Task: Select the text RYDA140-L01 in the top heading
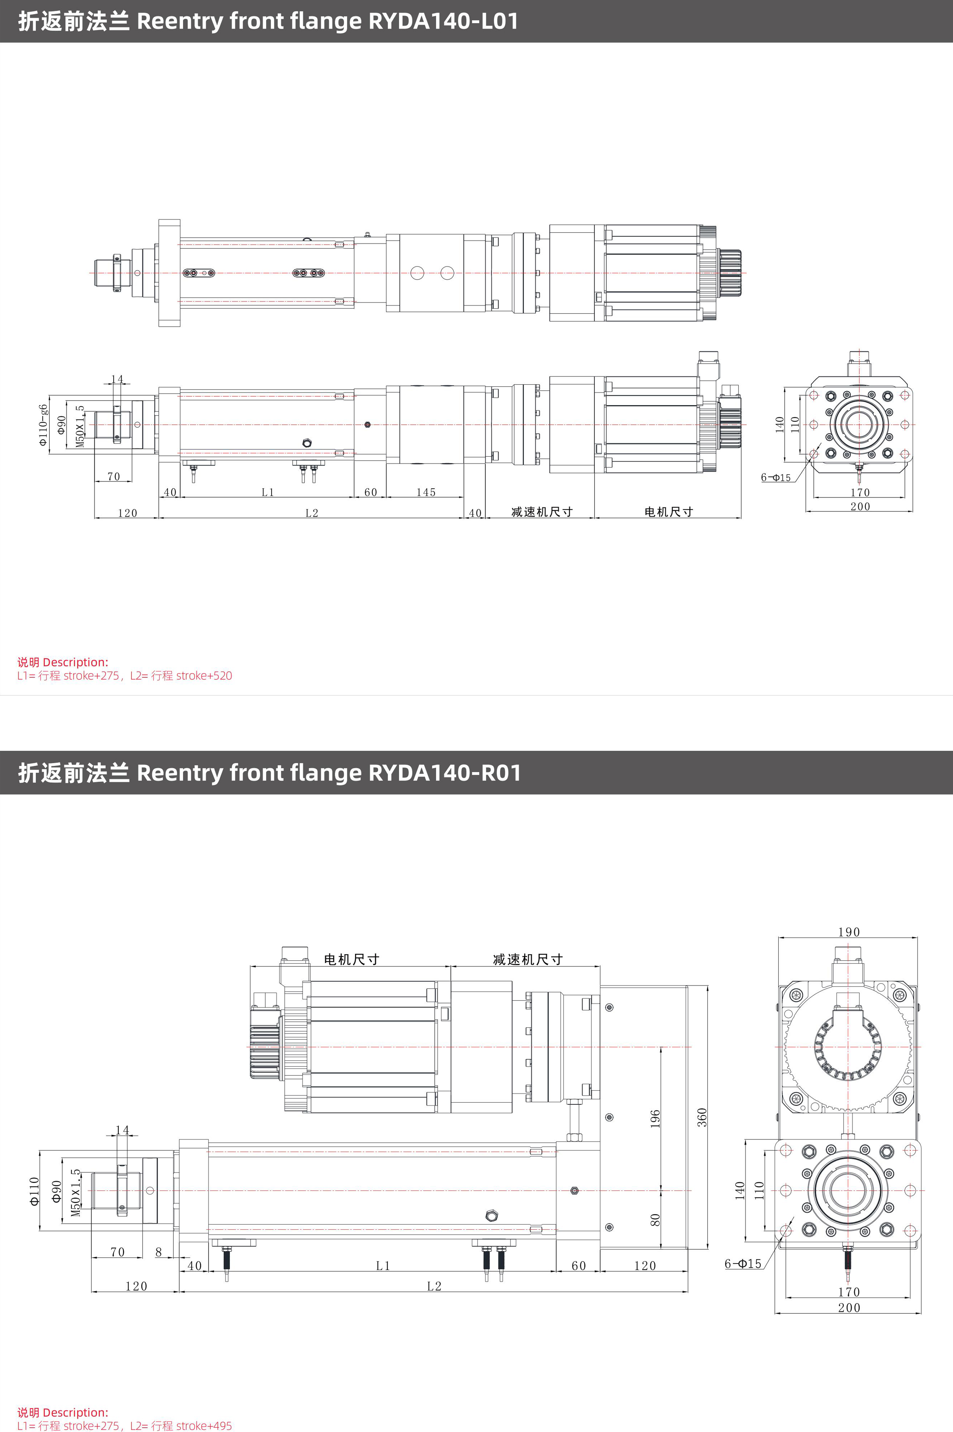[x=443, y=21]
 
